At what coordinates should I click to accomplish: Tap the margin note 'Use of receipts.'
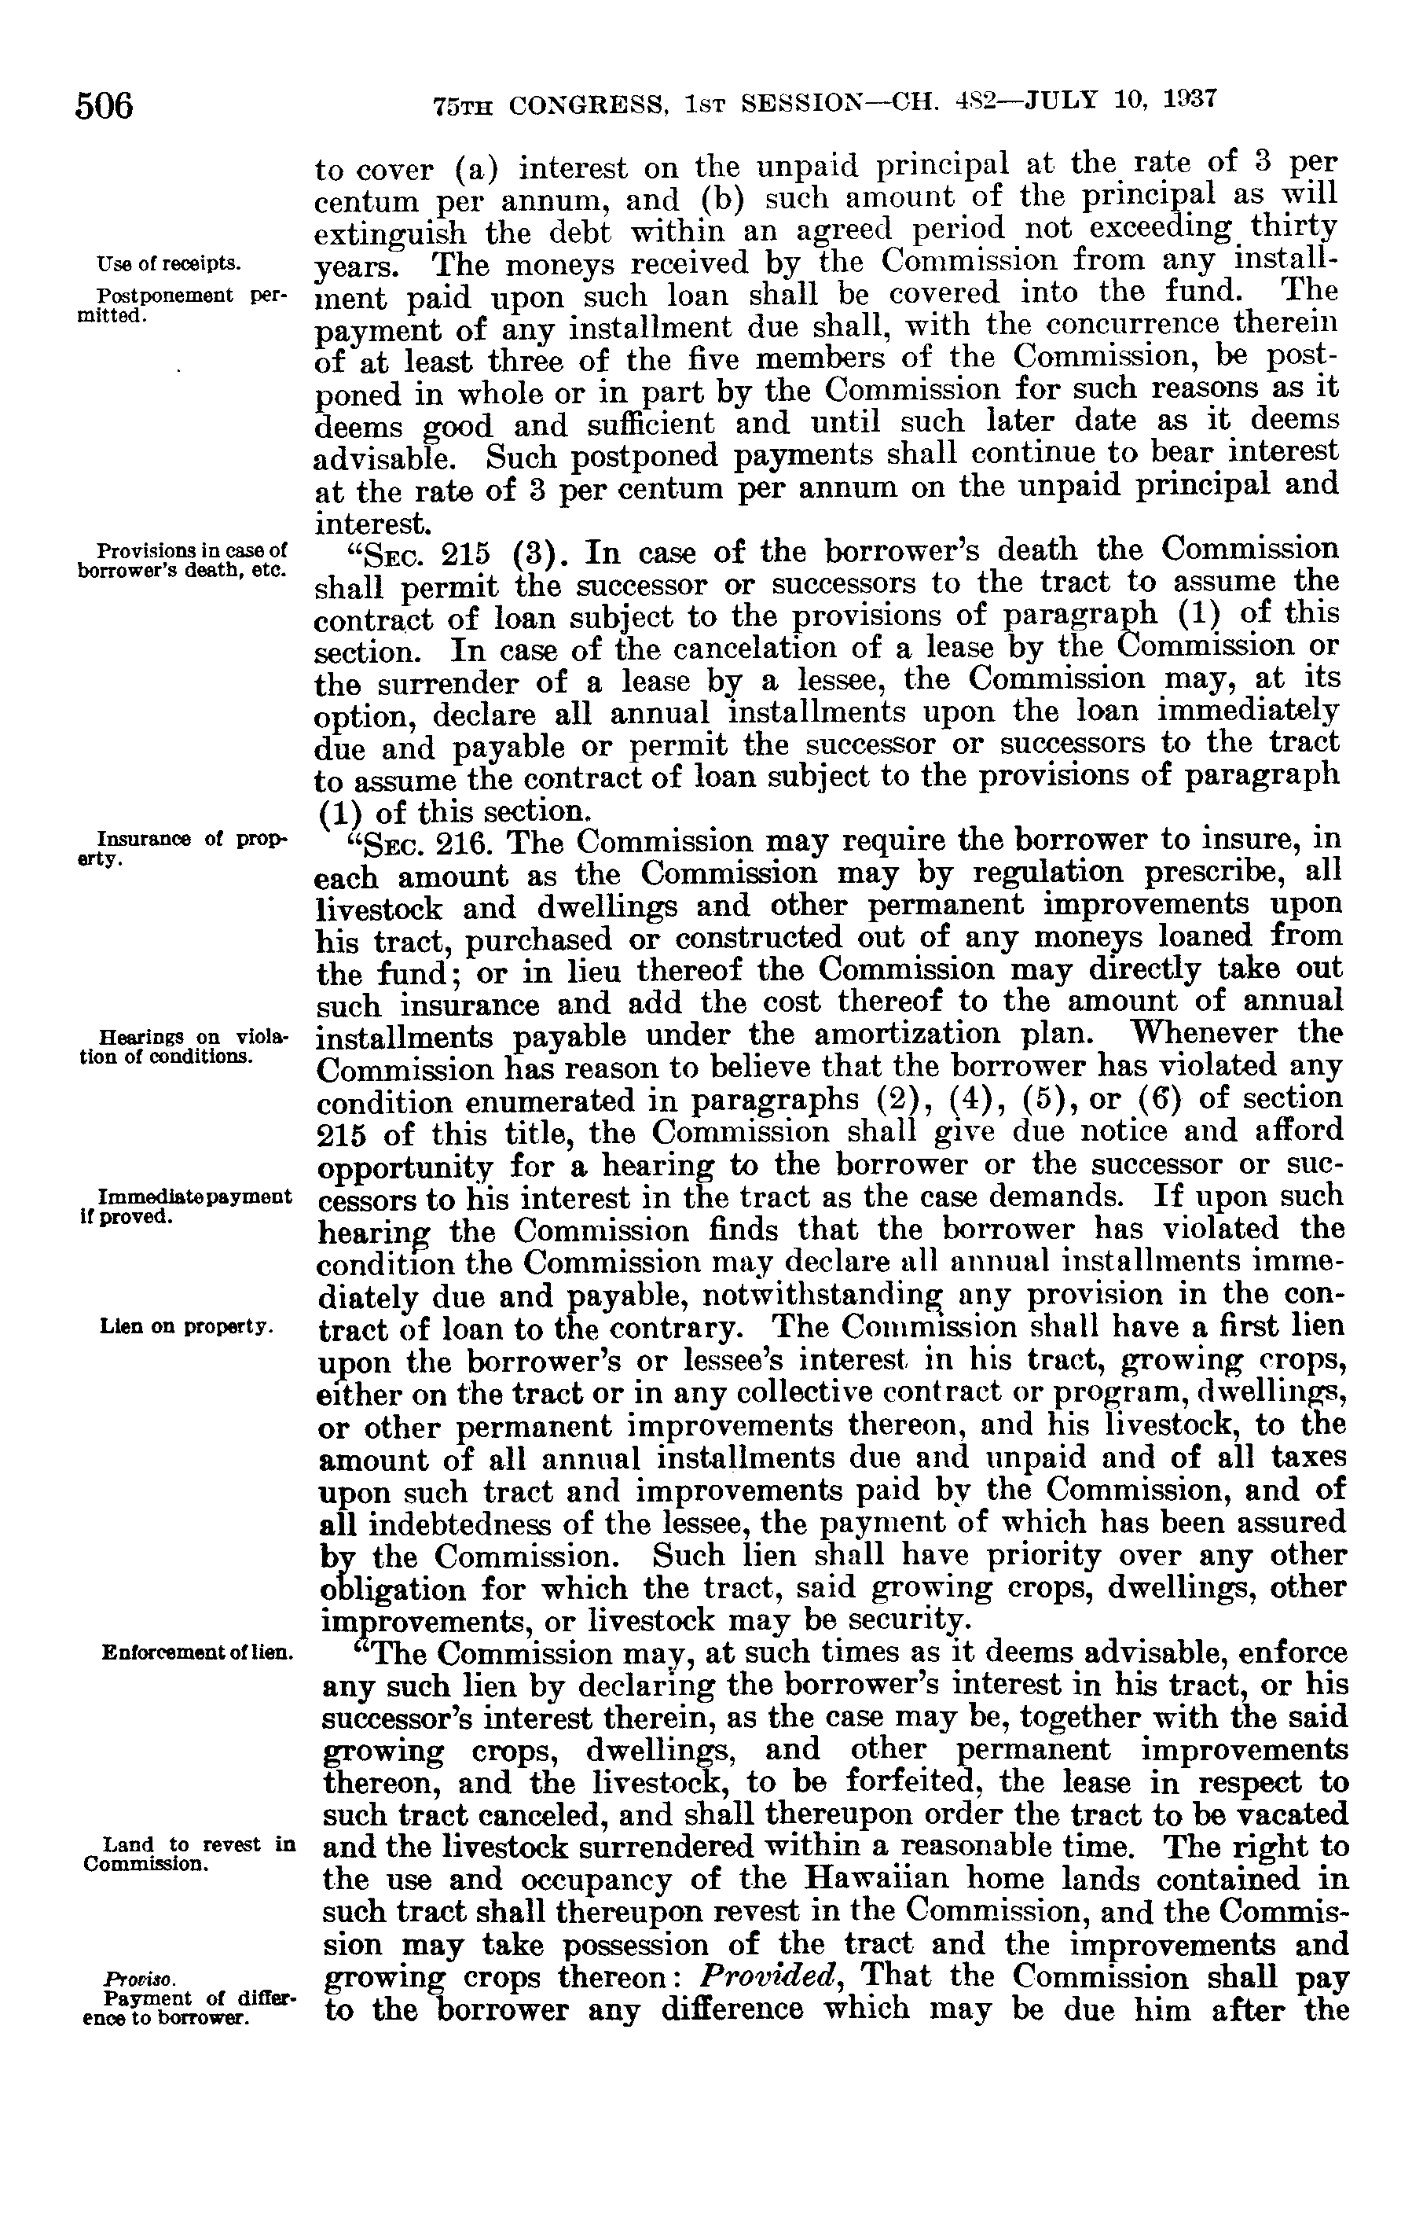coord(168,264)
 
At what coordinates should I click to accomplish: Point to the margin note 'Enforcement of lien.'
coord(196,1651)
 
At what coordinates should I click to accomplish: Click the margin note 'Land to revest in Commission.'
coord(189,1855)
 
